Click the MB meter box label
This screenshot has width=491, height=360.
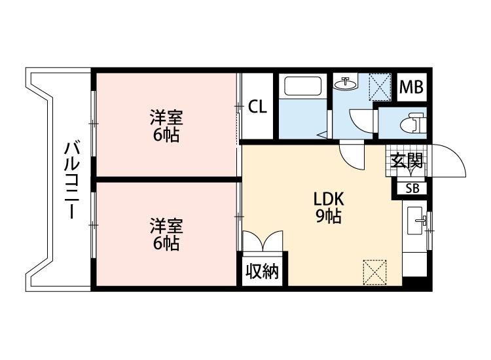[412, 87]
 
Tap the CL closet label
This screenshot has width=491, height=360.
[257, 107]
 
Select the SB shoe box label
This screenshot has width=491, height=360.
[412, 189]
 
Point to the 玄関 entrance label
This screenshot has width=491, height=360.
[407, 161]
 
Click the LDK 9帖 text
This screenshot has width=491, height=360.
[329, 207]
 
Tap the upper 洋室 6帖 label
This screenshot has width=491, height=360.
[166, 126]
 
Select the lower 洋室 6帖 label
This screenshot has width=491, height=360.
[166, 234]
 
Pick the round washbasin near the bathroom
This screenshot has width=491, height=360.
[345, 84]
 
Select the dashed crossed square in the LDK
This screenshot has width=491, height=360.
[374, 272]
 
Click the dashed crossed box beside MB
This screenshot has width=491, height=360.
[380, 86]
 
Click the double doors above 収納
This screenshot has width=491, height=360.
[263, 241]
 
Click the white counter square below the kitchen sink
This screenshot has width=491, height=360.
[414, 264]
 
